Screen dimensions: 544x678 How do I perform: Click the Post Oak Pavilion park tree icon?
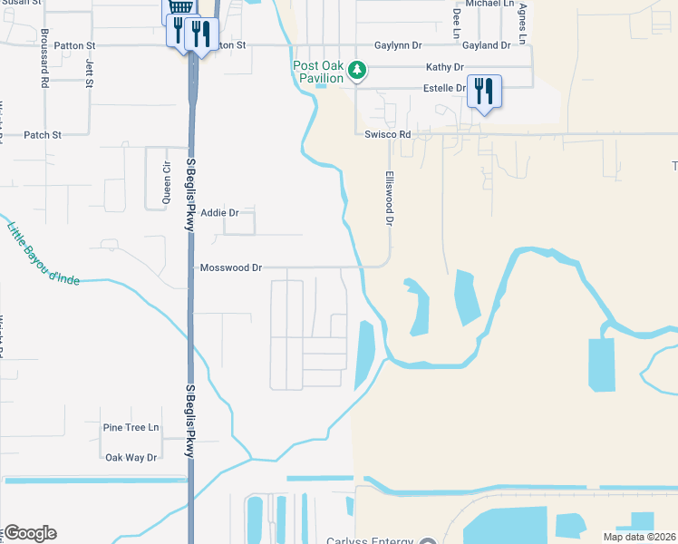click(357, 69)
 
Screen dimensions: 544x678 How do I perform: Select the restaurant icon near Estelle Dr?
click(483, 91)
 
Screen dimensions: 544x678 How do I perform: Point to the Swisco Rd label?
click(387, 134)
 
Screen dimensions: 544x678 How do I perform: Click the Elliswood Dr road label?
click(391, 198)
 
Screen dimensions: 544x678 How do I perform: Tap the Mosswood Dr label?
click(231, 268)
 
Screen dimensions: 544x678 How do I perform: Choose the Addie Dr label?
click(220, 213)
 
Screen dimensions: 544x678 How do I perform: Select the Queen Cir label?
click(166, 182)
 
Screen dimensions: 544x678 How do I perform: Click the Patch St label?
click(43, 135)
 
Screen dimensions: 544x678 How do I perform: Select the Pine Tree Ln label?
click(131, 427)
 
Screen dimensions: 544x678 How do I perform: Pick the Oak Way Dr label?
click(131, 458)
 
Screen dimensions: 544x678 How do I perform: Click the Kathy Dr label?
click(444, 67)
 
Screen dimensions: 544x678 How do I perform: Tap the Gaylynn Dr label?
click(399, 45)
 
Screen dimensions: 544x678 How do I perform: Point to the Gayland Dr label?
click(487, 45)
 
